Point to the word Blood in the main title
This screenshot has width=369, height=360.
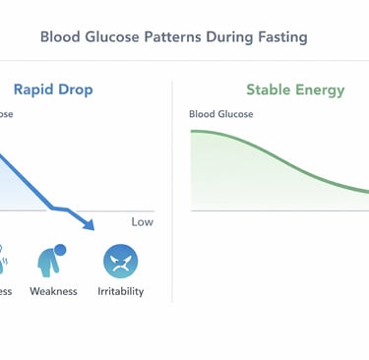point(59,37)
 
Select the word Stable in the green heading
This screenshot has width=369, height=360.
point(267,90)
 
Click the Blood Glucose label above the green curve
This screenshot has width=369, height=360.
point(221,114)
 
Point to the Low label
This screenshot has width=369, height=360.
point(142,222)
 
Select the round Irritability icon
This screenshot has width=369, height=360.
point(120,262)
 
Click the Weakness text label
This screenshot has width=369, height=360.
point(53,292)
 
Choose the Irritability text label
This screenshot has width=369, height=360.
point(121,292)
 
